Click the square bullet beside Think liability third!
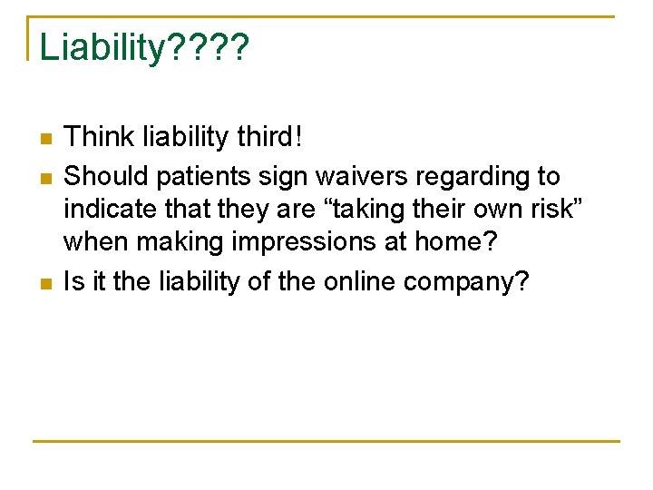(44, 140)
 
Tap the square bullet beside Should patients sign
(44, 178)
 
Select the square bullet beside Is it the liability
(44, 284)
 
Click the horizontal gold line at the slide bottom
(326, 441)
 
